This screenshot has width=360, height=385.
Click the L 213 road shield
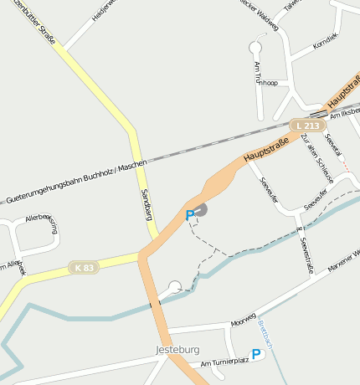click(x=307, y=126)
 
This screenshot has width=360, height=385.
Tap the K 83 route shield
click(x=84, y=267)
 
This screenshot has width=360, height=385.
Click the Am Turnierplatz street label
click(x=225, y=362)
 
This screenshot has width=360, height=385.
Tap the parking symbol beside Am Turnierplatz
click(x=257, y=355)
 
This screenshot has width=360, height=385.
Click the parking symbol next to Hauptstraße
click(x=190, y=215)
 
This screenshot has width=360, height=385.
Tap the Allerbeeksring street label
click(x=43, y=222)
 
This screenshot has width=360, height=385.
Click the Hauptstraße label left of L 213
click(x=266, y=149)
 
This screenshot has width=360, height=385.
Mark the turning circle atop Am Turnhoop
click(x=255, y=47)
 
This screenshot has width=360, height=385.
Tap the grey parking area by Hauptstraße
click(x=201, y=209)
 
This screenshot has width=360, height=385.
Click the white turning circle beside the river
click(x=174, y=287)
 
